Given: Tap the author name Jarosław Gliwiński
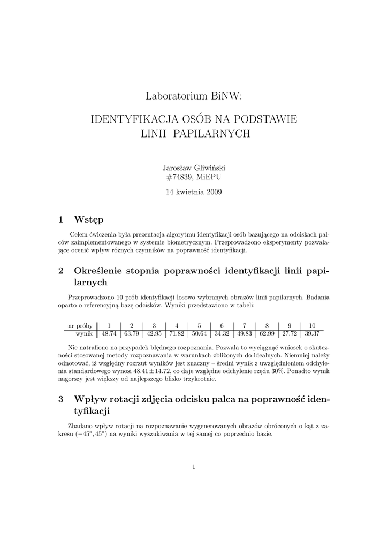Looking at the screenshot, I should (194, 168).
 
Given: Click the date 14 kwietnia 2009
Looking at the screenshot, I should (194, 191).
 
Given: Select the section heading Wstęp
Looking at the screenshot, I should (89, 219).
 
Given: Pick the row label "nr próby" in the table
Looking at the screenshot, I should (80, 325).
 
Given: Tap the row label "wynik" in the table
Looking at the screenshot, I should (85, 333).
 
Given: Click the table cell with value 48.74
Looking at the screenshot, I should (109, 333).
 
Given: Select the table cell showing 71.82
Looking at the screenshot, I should (177, 333).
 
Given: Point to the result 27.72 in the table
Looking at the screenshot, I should (289, 333).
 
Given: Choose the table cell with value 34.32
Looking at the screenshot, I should (222, 333).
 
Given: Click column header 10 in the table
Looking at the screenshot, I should (311, 325).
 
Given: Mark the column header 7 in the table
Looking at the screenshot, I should (244, 325).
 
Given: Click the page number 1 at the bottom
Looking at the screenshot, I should (194, 467).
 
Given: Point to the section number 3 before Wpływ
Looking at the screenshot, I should (60, 399).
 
